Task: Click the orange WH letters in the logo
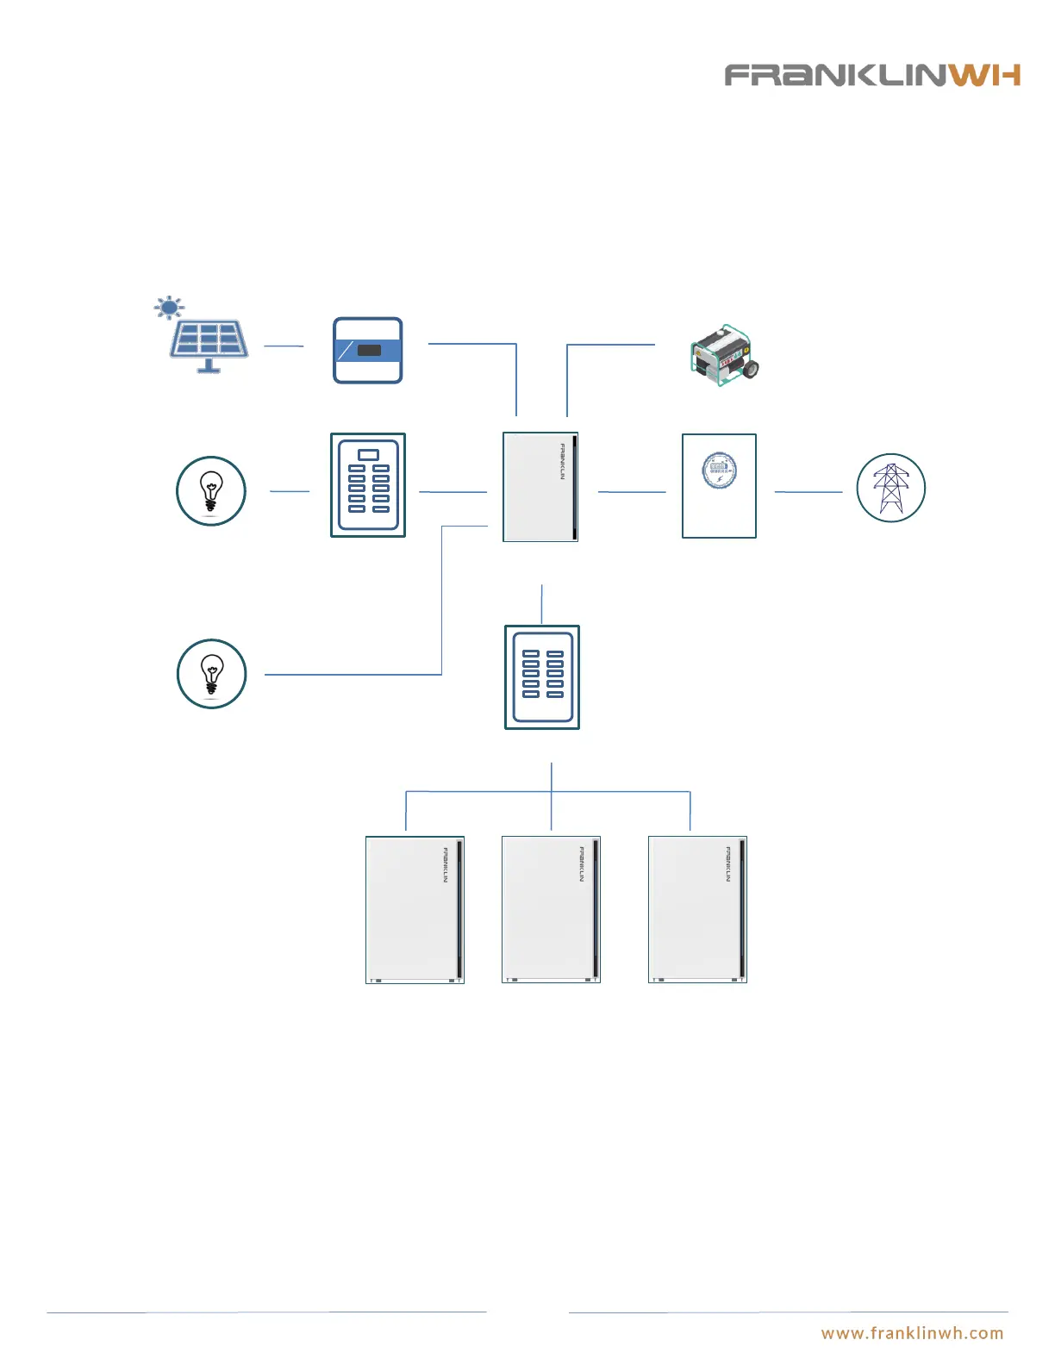tap(985, 75)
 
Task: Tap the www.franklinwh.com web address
tap(912, 1333)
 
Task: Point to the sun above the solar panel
tap(169, 307)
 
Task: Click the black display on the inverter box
tap(369, 351)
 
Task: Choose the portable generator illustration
tap(724, 355)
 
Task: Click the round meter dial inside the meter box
tap(719, 471)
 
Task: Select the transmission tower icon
tap(890, 488)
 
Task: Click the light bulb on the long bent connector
tap(211, 674)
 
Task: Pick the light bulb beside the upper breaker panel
tap(210, 490)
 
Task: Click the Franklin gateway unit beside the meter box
tap(540, 487)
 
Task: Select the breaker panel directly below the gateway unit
tap(541, 677)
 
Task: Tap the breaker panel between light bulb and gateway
tap(368, 485)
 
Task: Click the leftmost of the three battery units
tap(415, 909)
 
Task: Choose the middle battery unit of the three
tap(551, 909)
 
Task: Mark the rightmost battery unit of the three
tap(697, 909)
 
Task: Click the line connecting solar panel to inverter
tap(284, 346)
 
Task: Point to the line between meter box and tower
tap(808, 491)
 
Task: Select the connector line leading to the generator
tap(610, 345)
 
